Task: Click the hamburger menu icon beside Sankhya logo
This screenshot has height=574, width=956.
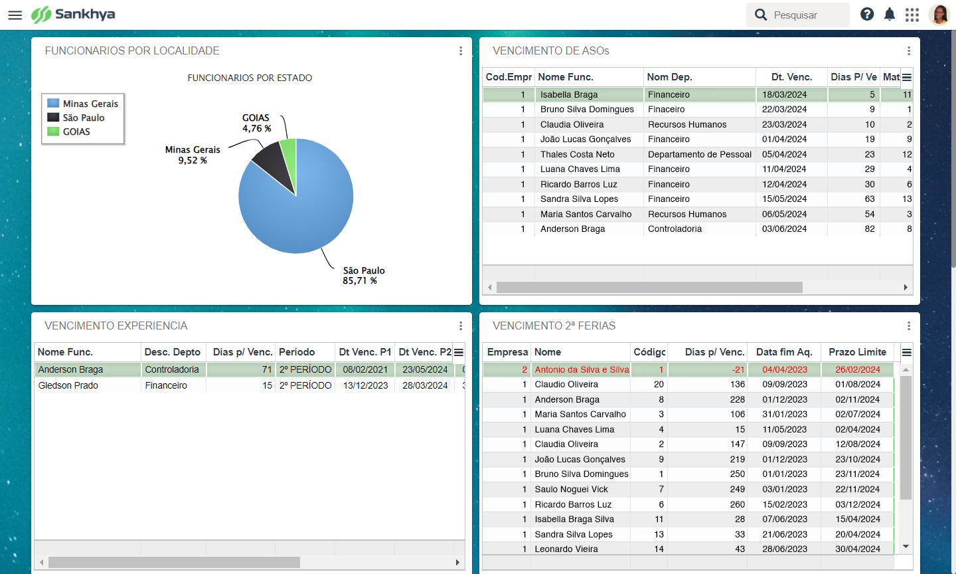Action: pos(15,15)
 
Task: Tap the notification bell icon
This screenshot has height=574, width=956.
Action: pos(890,15)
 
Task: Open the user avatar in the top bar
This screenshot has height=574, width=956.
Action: pos(939,15)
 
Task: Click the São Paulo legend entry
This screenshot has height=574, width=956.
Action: pos(83,118)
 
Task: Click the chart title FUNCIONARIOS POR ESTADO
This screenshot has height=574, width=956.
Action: pos(250,78)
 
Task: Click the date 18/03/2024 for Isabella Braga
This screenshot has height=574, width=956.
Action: pos(784,94)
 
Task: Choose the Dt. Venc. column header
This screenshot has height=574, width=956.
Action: pos(791,77)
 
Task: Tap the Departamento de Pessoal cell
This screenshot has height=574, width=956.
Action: pos(700,154)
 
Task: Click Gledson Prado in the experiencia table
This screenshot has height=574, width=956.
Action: pos(68,385)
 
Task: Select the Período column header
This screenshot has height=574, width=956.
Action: pos(297,352)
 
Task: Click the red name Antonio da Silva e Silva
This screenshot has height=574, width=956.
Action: pos(582,369)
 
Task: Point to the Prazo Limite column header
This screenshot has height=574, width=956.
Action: pos(857,352)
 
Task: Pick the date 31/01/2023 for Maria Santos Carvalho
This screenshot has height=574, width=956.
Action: pos(785,414)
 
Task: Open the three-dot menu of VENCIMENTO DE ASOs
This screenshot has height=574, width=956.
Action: pos(909,51)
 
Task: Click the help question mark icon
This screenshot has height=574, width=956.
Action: pos(867,15)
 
